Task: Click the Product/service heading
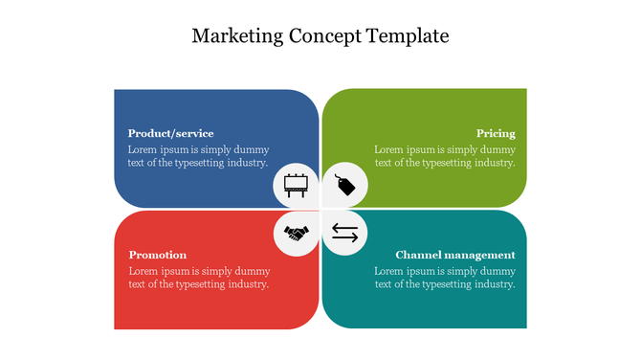[170, 133]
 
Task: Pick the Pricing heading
[496, 133]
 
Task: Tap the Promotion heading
[157, 255]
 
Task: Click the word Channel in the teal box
[417, 255]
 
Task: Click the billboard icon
[296, 184]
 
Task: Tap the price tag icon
[344, 184]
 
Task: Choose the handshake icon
[296, 233]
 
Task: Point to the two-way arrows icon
[344, 233]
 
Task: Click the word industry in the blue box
[247, 163]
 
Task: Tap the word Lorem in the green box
[389, 149]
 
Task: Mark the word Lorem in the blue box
[143, 149]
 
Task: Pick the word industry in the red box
[247, 284]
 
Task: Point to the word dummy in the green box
[499, 149]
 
